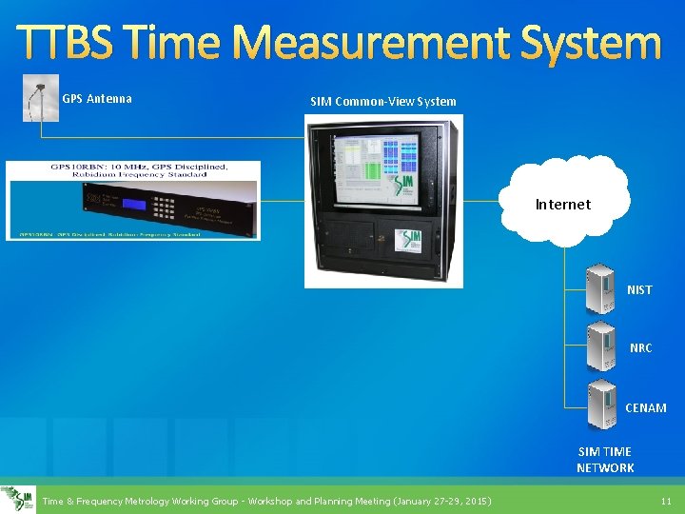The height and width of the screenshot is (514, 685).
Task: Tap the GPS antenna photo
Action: point(40,99)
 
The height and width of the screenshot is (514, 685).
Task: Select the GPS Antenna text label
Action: point(97,99)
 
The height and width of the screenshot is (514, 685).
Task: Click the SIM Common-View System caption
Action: point(383,102)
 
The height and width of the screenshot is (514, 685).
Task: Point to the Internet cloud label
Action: point(562,204)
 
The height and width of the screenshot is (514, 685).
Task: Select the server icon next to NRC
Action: point(601,347)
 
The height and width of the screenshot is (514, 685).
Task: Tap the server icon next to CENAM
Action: point(601,406)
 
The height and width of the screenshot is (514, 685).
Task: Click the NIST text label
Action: point(639,290)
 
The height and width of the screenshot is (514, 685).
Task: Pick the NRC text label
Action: point(640,348)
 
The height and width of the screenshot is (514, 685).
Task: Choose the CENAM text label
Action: point(645,408)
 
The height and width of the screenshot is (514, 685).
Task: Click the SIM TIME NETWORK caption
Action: point(605,460)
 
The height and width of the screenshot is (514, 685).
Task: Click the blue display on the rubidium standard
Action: point(134,204)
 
